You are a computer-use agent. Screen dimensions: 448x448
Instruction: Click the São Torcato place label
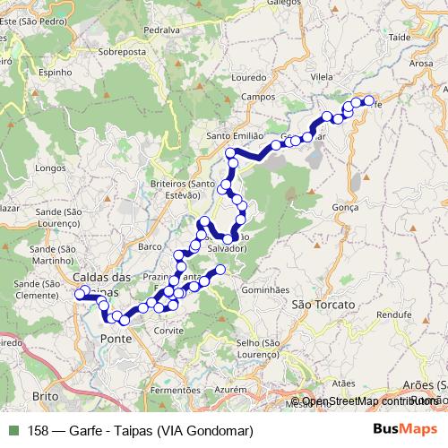(324, 305)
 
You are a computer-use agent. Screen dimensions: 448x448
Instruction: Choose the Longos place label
(50, 168)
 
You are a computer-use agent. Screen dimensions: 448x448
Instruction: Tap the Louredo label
(249, 78)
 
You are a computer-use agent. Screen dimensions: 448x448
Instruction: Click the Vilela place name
(320, 78)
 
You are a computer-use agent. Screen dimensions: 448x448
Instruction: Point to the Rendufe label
(394, 315)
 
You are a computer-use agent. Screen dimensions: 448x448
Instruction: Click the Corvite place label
(168, 331)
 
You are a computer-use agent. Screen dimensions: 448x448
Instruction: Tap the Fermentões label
(174, 391)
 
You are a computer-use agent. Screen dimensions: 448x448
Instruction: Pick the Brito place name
(44, 395)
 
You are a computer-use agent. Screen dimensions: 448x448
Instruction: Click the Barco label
(150, 245)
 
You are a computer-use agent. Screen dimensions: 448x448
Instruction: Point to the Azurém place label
(229, 391)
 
